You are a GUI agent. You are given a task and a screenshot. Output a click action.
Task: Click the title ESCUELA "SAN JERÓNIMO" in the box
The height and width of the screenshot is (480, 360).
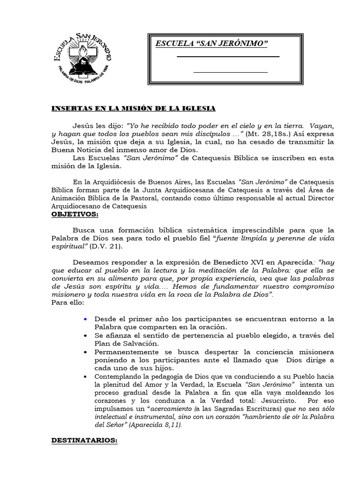click(x=211, y=44)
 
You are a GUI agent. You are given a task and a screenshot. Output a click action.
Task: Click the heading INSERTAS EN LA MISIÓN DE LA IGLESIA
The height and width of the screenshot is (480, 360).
click(x=133, y=108)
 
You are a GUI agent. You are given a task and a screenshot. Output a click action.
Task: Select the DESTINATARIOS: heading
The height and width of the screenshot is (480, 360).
click(x=84, y=441)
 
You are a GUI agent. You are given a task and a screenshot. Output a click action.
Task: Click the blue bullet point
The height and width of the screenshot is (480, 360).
click(x=85, y=319)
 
